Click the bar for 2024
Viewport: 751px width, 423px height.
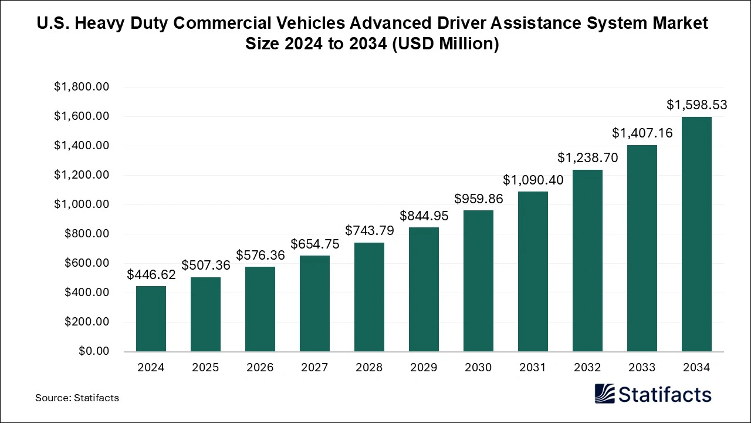pyautogui.click(x=151, y=318)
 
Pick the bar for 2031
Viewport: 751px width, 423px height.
pyautogui.click(x=533, y=271)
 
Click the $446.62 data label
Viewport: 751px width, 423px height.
pyautogui.click(x=151, y=275)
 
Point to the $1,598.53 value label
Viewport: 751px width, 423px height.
pyautogui.click(x=696, y=105)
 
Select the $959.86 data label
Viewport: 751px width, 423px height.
pyautogui.click(x=478, y=199)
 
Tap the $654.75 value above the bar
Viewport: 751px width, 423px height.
pyautogui.click(x=314, y=244)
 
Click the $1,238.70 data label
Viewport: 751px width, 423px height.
pyautogui.click(x=587, y=158)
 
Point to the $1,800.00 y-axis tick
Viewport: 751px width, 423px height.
pyautogui.click(x=82, y=87)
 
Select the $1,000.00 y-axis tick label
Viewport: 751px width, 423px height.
pyautogui.click(x=82, y=204)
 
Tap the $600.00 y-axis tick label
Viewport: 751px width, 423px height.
pyautogui.click(x=87, y=263)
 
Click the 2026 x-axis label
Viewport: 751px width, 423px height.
pyautogui.click(x=260, y=368)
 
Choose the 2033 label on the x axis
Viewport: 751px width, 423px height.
pyautogui.click(x=642, y=368)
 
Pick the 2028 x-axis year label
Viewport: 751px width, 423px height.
pyautogui.click(x=369, y=368)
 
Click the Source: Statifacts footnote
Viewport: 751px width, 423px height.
pyautogui.click(x=77, y=398)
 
